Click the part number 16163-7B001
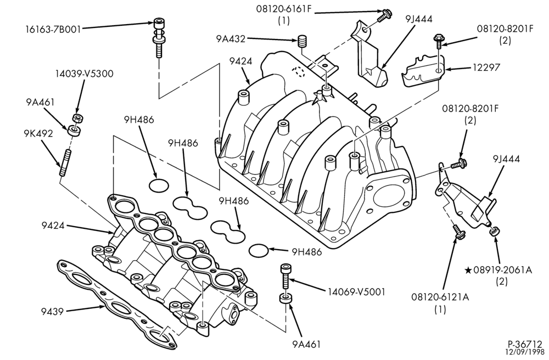tap(53, 29)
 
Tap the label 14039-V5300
tap(84, 74)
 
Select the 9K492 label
tap(38, 133)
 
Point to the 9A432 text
tap(231, 39)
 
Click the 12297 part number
tap(486, 66)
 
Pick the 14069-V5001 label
tap(356, 291)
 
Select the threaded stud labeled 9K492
tap(65, 162)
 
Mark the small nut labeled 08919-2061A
tap(495, 231)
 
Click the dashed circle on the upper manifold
tap(299, 72)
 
